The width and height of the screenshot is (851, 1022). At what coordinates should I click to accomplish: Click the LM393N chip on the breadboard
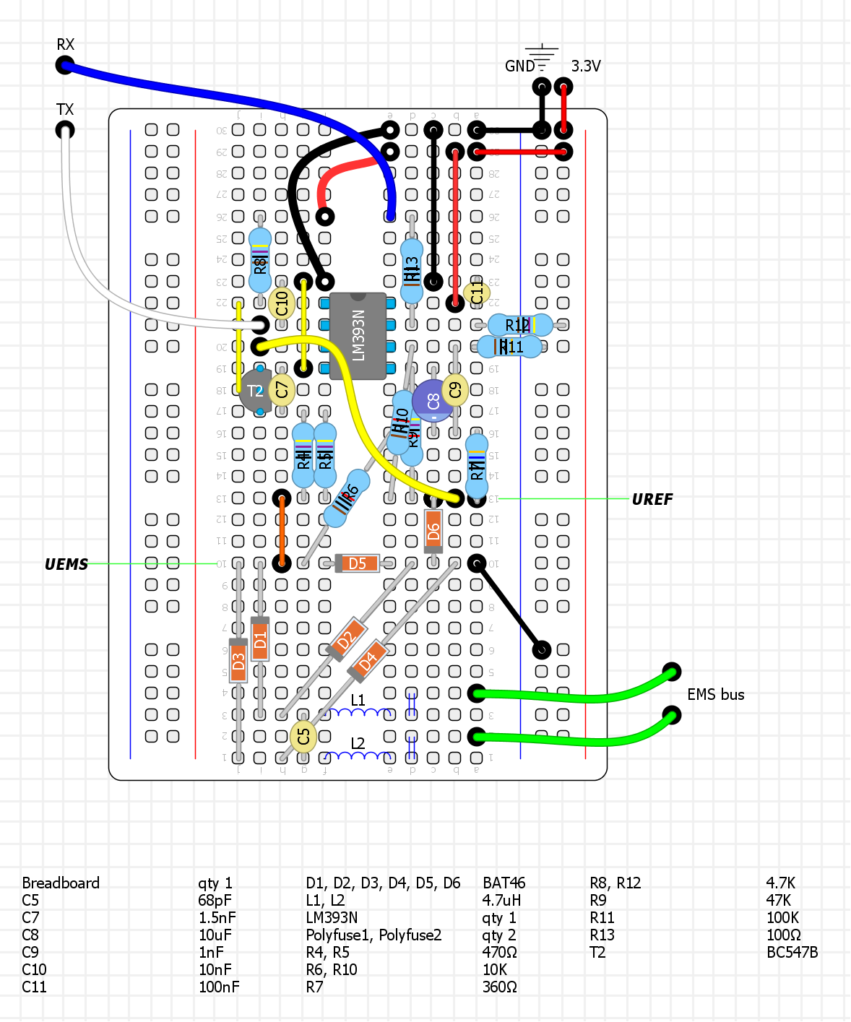tap(358, 336)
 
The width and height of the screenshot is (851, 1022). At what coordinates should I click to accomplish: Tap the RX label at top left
tap(66, 45)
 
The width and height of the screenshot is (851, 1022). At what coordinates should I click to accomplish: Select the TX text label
tap(65, 110)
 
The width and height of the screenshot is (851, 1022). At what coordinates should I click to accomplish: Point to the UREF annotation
tap(652, 500)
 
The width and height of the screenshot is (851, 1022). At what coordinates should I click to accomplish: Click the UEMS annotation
tap(66, 565)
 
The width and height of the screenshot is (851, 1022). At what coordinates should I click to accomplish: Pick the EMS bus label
tap(715, 695)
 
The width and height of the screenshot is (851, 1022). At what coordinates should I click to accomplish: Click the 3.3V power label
tap(586, 66)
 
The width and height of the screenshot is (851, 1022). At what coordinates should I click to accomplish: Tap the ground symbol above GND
tap(542, 52)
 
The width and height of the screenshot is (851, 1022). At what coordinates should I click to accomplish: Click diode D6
tap(433, 532)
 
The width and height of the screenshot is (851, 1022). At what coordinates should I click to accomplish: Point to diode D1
tap(260, 639)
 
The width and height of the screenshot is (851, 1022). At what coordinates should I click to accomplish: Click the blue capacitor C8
tap(433, 401)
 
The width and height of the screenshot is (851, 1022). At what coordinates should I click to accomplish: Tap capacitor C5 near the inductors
tap(303, 737)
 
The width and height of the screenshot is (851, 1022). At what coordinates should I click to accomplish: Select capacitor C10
tap(282, 303)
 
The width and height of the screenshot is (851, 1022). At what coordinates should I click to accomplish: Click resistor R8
tap(260, 260)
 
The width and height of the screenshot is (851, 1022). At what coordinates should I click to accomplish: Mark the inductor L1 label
tap(358, 701)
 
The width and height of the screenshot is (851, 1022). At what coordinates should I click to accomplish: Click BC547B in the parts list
tap(792, 953)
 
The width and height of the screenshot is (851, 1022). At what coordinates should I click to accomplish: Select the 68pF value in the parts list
tap(215, 901)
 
